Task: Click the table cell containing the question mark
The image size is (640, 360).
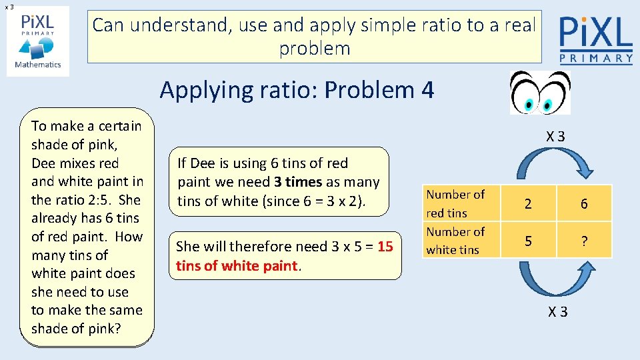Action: pyautogui.click(x=584, y=241)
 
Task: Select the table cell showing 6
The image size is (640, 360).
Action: pyautogui.click(x=584, y=204)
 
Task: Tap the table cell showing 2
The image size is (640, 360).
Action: pyautogui.click(x=528, y=204)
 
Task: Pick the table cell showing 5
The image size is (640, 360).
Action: pyautogui.click(x=528, y=241)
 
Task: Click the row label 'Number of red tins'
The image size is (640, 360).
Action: pyautogui.click(x=455, y=203)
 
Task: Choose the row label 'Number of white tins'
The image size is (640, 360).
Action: pyautogui.click(x=455, y=241)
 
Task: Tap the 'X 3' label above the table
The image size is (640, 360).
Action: pyautogui.click(x=556, y=137)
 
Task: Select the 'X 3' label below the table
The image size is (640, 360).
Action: pyautogui.click(x=558, y=311)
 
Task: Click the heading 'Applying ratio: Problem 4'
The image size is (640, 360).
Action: pyautogui.click(x=297, y=89)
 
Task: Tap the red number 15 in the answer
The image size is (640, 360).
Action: pyautogui.click(x=385, y=247)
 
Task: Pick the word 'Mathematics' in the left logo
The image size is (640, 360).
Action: pyautogui.click(x=38, y=65)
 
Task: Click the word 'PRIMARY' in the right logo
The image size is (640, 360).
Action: pyautogui.click(x=595, y=59)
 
